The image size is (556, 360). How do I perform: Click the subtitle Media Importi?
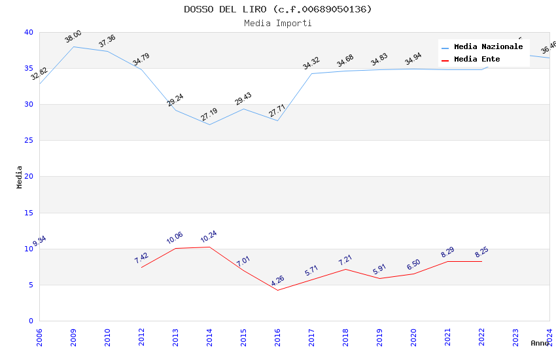coord(277,23)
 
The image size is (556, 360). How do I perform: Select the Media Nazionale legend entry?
coord(488,47)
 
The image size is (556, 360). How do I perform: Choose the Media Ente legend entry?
coord(477,60)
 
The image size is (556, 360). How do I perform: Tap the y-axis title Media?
coord(20,177)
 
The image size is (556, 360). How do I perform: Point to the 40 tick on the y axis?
coord(28,32)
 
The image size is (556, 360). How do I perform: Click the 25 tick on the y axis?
coord(28,140)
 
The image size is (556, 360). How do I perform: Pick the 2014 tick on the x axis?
coord(209,338)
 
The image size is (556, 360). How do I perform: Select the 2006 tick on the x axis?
coord(39,338)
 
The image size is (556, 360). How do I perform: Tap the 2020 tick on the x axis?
coord(413,338)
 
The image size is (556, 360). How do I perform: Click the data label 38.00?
coord(73,37)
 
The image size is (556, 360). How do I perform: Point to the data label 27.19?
coord(209,115)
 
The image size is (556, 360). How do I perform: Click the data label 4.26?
coord(277,281)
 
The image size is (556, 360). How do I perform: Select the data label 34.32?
coord(311,63)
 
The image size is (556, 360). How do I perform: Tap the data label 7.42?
coord(141,258)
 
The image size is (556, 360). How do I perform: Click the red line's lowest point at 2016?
coord(277,290)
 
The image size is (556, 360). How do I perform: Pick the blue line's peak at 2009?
coord(73,46)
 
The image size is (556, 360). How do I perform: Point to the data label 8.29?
coord(447,251)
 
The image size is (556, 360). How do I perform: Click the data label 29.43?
coord(243,99)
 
